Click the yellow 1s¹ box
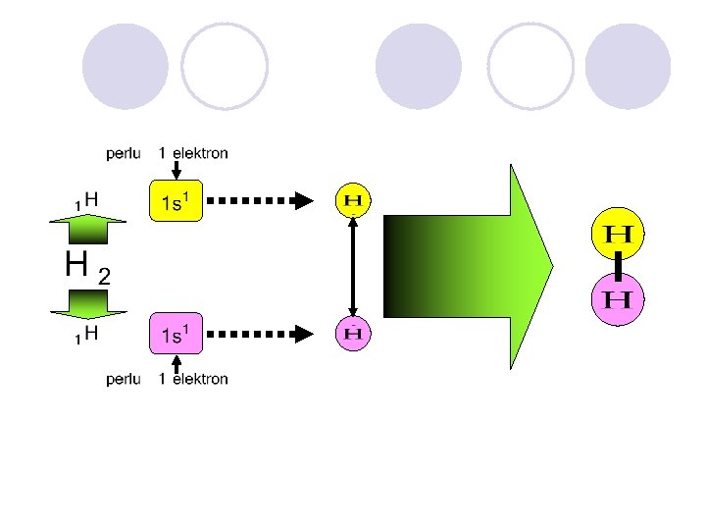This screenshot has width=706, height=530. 176,201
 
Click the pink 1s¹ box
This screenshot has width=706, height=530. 176,334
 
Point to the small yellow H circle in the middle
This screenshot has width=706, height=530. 352,201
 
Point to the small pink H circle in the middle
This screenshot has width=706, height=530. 352,334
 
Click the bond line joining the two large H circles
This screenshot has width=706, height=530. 619,266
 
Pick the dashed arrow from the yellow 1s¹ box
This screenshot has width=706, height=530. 260,201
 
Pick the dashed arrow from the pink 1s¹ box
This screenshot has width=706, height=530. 260,334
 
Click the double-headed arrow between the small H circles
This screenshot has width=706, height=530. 352,267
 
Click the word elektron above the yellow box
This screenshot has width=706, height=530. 200,153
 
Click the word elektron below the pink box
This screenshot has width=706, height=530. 200,379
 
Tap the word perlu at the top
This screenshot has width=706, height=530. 124,153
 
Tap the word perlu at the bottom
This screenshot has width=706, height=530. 125,379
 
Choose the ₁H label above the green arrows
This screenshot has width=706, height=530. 86,199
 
